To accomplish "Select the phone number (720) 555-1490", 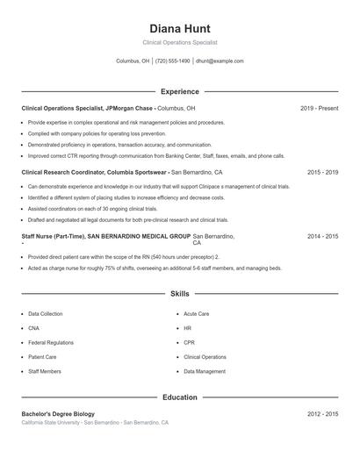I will pyautogui.click(x=174, y=61).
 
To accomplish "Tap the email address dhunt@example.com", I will pyautogui.click(x=220, y=61).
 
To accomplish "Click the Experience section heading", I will pyautogui.click(x=179, y=91).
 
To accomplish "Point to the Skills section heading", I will pyautogui.click(x=179, y=294).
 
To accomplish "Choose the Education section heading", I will pyautogui.click(x=179, y=397).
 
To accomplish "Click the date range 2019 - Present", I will pyautogui.click(x=319, y=108).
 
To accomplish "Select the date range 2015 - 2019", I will pyautogui.click(x=322, y=173).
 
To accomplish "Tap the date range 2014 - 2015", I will pyautogui.click(x=322, y=237).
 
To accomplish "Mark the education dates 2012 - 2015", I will pyautogui.click(x=322, y=413).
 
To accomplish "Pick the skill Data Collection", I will pyautogui.click(x=46, y=313).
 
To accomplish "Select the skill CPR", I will pyautogui.click(x=189, y=342).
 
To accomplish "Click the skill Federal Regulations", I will pyautogui.click(x=51, y=342).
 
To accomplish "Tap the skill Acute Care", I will pyautogui.click(x=196, y=313).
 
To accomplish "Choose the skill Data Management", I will pyautogui.click(x=205, y=372).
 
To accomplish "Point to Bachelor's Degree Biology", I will pyautogui.click(x=58, y=413).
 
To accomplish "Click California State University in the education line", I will pyautogui.click(x=51, y=423).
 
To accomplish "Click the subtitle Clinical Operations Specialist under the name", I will pyautogui.click(x=179, y=42).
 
